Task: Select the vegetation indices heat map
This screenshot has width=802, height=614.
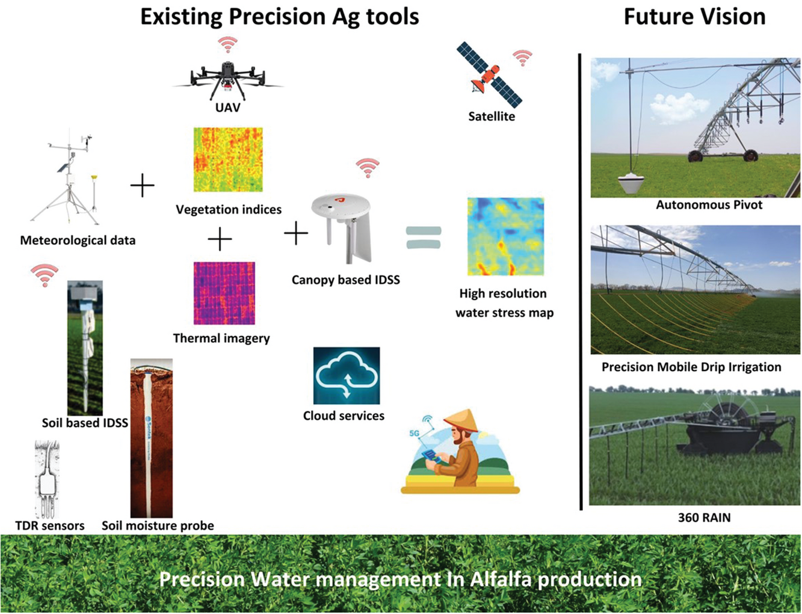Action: tap(228, 159)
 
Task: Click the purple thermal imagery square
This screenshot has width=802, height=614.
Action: tap(224, 293)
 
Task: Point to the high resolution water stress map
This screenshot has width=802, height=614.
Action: tap(505, 236)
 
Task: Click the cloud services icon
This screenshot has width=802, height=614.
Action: tap(346, 376)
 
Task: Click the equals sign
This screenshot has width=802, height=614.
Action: tap(424, 237)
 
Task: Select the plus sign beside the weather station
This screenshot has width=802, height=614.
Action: tap(143, 185)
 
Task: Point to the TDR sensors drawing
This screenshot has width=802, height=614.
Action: tap(47, 479)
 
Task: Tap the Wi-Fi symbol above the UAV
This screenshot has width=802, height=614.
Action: tap(227, 45)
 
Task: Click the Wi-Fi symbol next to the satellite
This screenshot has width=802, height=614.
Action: tap(522, 58)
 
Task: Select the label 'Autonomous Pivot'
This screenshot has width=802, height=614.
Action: tap(709, 205)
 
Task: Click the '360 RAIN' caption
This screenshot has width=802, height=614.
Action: tap(704, 517)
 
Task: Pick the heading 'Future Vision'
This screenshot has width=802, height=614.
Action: tap(694, 16)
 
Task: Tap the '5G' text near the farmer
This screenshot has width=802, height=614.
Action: tap(414, 434)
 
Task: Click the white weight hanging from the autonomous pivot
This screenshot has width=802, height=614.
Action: tap(632, 183)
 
